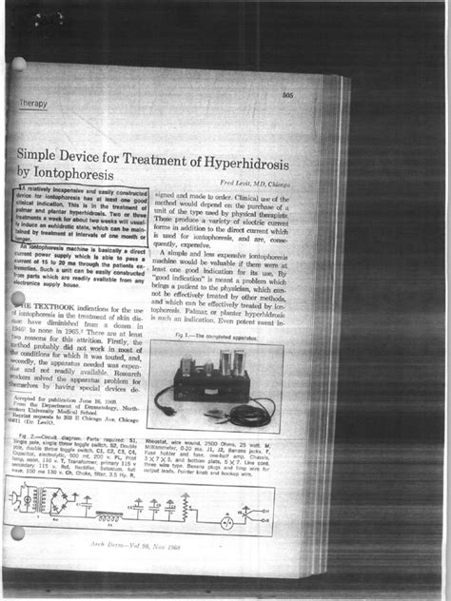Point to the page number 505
pos(286,95)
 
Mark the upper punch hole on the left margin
pos(18,66)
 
